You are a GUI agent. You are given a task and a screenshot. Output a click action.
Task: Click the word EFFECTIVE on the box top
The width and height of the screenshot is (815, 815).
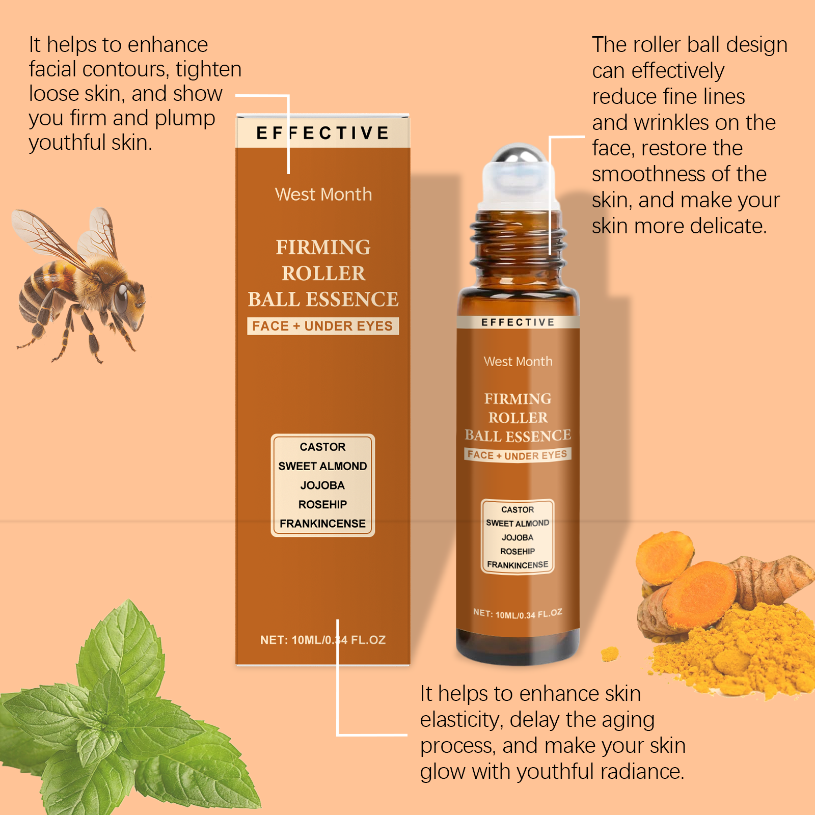click(x=323, y=133)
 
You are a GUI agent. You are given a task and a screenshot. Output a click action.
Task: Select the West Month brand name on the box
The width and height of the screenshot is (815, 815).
click(x=323, y=194)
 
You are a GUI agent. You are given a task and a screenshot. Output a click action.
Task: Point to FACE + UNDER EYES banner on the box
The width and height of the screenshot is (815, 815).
click(x=323, y=326)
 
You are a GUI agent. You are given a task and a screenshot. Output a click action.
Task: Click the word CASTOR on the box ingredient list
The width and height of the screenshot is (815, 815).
click(x=322, y=447)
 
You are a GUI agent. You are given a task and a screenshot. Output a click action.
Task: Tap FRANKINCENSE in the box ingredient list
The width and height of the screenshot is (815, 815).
click(x=322, y=524)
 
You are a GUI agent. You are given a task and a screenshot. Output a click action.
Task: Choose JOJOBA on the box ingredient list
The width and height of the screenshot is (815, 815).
click(x=322, y=485)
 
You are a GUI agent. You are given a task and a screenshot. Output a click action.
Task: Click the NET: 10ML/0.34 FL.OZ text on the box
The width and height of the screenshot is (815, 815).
click(x=323, y=640)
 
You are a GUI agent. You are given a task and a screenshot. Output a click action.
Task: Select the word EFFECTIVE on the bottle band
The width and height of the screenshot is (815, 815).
click(x=518, y=322)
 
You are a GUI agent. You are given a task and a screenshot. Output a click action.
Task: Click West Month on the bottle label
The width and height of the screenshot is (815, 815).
click(x=518, y=361)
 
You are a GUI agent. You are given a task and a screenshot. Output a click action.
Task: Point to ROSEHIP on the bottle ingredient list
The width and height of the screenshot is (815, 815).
click(x=518, y=551)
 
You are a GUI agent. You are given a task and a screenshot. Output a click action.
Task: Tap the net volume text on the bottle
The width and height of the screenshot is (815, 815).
click(x=518, y=614)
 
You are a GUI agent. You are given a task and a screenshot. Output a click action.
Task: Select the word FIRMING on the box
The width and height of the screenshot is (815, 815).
click(x=323, y=247)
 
